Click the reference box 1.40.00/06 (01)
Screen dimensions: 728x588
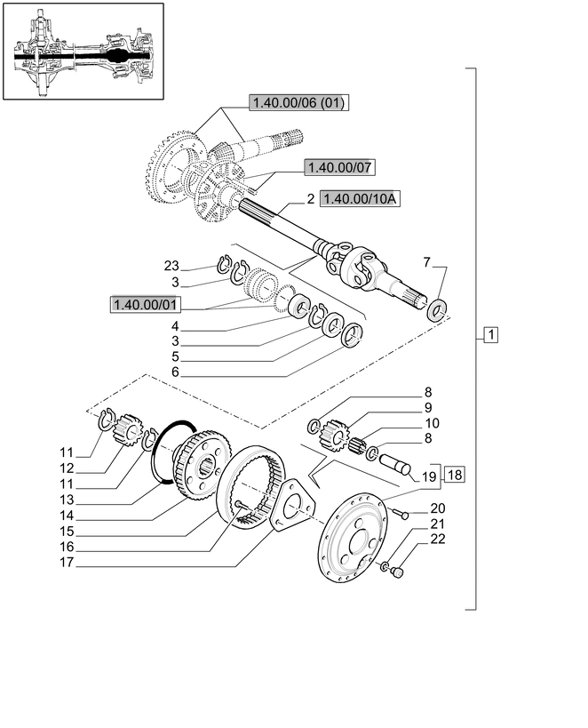pyautogui.click(x=298, y=103)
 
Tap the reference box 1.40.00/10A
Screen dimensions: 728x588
pyautogui.click(x=361, y=199)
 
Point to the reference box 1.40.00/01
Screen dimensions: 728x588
pyautogui.click(x=146, y=305)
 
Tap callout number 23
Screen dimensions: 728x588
pyautogui.click(x=171, y=265)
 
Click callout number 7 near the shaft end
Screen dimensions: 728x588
pyautogui.click(x=427, y=262)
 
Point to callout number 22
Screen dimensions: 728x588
pyautogui.click(x=437, y=539)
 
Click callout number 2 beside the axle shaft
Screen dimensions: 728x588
pyautogui.click(x=311, y=200)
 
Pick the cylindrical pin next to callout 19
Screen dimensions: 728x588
pyautogui.click(x=393, y=464)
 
